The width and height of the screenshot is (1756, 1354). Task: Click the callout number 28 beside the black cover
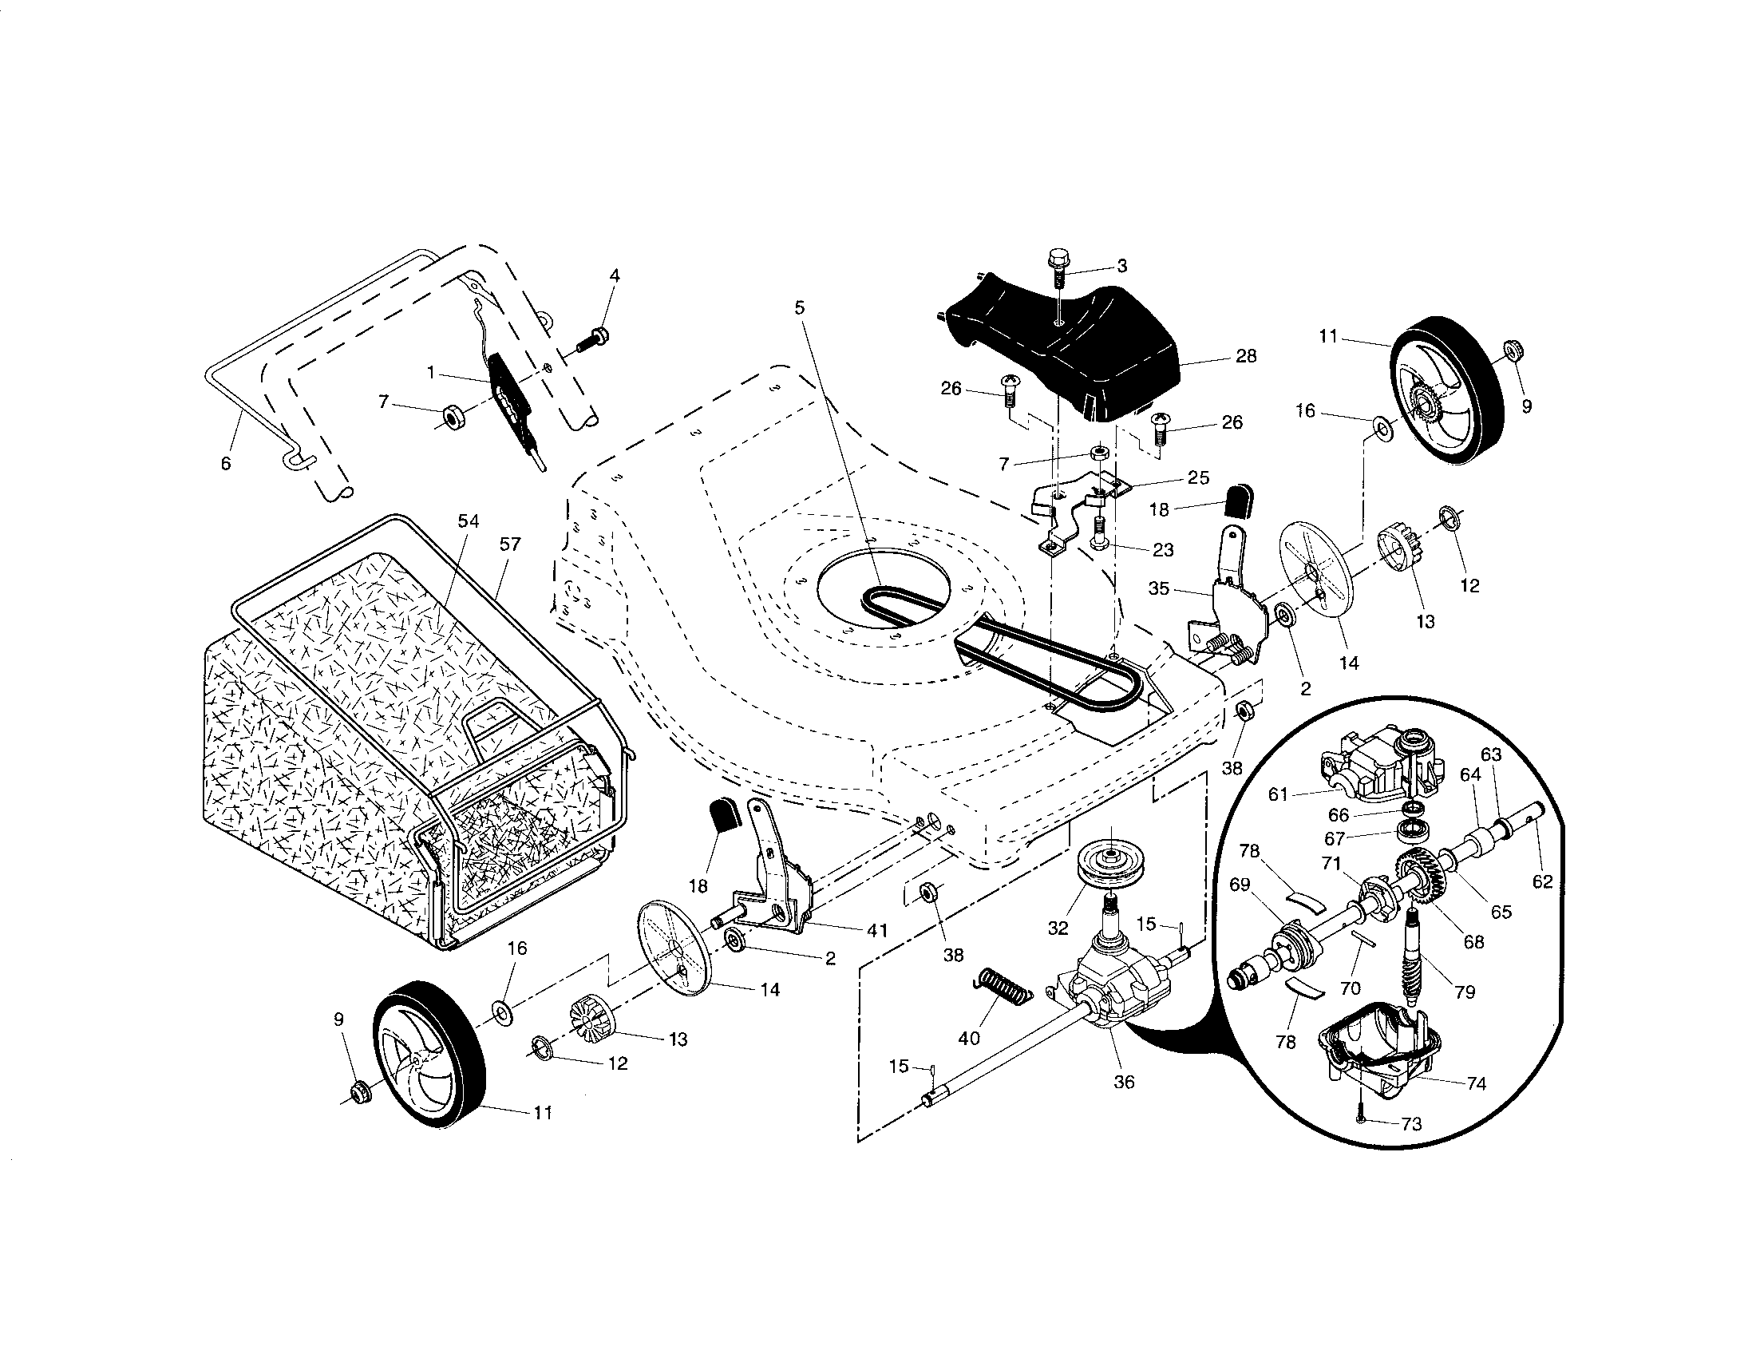[1245, 356]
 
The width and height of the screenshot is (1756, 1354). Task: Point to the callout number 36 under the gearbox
[1124, 1083]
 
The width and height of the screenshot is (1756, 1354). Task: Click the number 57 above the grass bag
[510, 544]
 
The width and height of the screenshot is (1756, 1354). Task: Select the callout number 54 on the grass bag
[468, 521]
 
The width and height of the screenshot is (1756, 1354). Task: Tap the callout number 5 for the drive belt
[799, 308]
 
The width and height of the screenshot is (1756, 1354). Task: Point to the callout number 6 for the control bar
[226, 464]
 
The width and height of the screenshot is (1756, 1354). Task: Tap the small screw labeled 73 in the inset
[1360, 1118]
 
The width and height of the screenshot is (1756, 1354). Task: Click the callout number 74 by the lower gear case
[1476, 1084]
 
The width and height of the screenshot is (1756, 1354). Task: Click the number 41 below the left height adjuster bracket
[876, 930]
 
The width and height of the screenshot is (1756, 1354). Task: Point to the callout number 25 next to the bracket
[1198, 477]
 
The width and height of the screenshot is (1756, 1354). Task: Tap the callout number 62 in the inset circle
[1542, 882]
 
